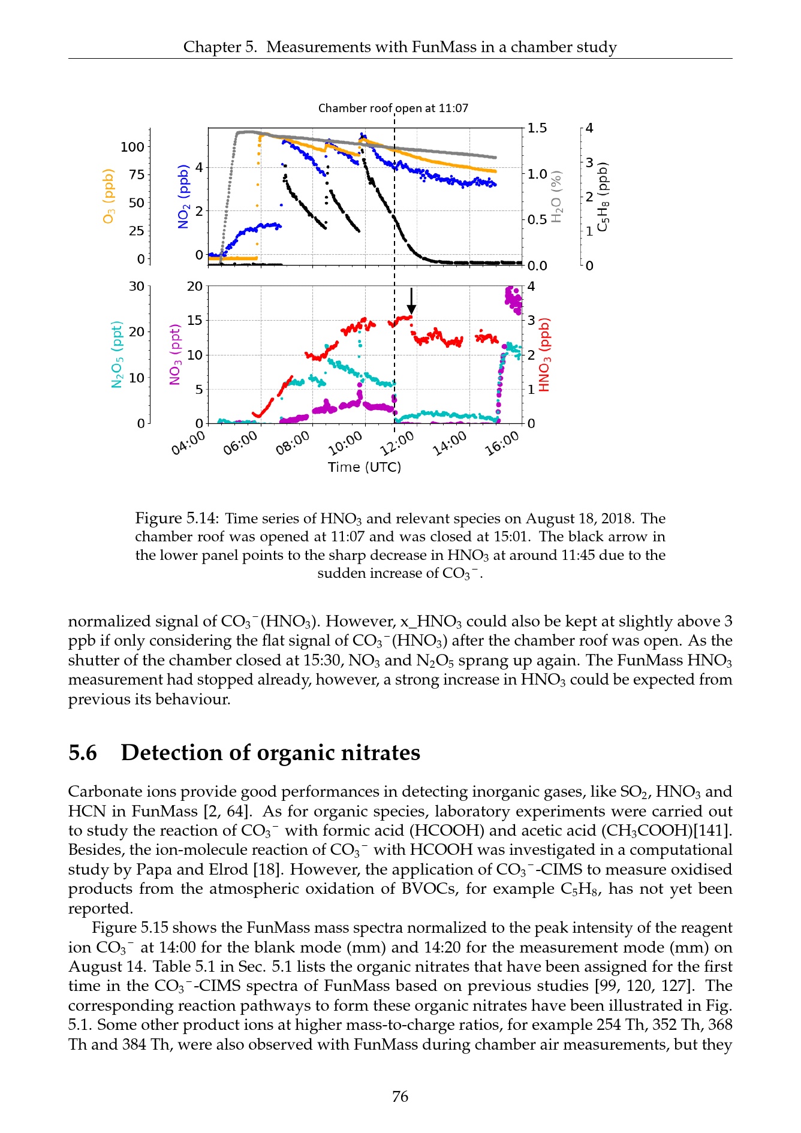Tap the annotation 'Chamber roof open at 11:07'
[x=393, y=108]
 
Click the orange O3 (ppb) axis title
[x=109, y=196]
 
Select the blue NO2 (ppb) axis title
[x=183, y=196]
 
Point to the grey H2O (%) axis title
[x=557, y=196]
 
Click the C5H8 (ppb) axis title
[x=603, y=196]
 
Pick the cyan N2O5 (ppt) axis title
[x=117, y=354]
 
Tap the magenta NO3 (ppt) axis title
[x=175, y=354]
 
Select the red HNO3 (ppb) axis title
[x=544, y=354]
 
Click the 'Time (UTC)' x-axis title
[x=364, y=467]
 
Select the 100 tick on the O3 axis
[x=133, y=147]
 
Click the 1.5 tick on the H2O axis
[x=537, y=128]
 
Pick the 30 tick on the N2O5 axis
[x=137, y=286]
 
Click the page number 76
[x=400, y=1096]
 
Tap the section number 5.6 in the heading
[x=83, y=752]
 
